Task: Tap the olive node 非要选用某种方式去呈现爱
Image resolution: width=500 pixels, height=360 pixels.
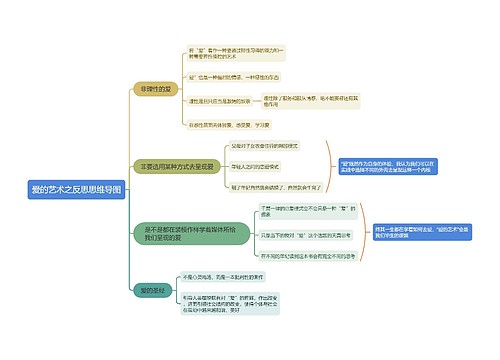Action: (x=178, y=166)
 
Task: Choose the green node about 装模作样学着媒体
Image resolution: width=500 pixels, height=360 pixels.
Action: (x=183, y=234)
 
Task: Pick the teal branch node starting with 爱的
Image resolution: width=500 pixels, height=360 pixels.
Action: (x=150, y=290)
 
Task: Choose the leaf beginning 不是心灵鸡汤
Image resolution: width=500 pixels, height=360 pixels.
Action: (x=229, y=277)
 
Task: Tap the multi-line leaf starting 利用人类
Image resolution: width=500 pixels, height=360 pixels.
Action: (x=229, y=304)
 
